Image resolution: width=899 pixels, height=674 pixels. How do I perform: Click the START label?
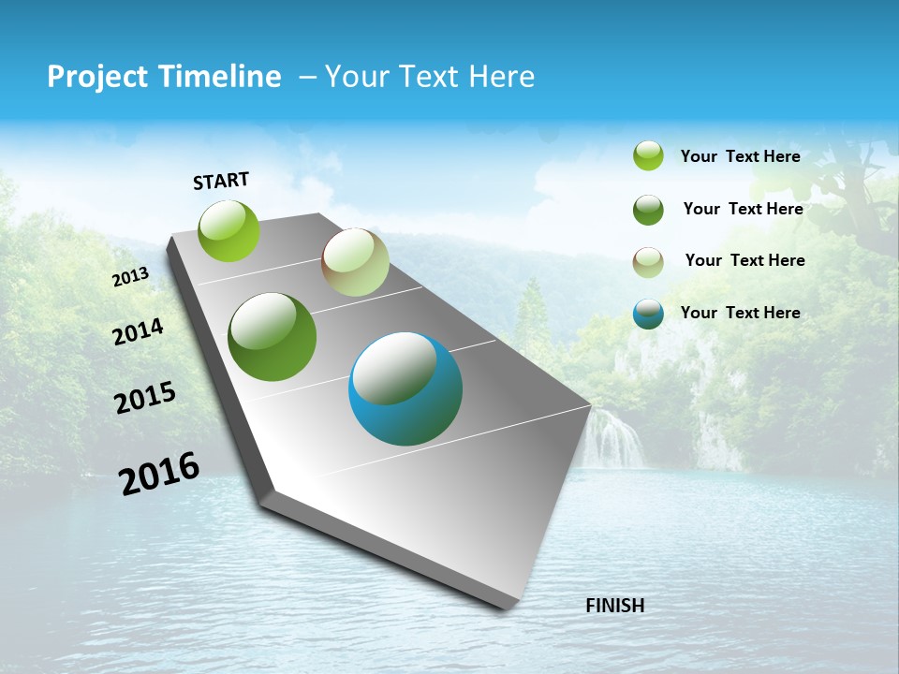click(221, 181)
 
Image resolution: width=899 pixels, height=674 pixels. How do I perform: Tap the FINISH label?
click(614, 606)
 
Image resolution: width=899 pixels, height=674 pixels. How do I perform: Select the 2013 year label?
click(131, 277)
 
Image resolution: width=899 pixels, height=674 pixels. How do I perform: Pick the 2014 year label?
click(138, 331)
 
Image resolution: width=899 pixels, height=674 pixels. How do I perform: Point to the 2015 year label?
click(145, 398)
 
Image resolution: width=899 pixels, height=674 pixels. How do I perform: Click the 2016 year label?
click(159, 474)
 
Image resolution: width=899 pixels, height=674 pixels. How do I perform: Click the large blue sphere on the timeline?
click(405, 388)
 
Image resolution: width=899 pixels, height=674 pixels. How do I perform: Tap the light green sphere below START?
click(229, 230)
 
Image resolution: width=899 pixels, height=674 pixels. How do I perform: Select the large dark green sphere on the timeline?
click(273, 337)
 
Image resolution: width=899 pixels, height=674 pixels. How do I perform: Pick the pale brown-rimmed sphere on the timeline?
click(355, 263)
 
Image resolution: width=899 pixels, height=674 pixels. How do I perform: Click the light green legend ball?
click(648, 155)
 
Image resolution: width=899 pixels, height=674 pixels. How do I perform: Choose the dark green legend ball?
click(648, 210)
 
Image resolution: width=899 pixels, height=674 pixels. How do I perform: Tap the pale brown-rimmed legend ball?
click(648, 262)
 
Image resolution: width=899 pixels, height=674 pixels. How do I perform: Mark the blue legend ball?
click(648, 314)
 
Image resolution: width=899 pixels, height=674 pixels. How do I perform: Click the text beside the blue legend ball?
click(740, 313)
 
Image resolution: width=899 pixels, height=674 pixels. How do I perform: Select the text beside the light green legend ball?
click(740, 156)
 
